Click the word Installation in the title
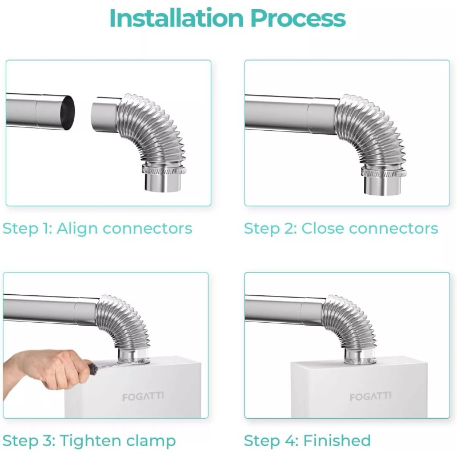[177, 18]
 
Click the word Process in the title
[298, 18]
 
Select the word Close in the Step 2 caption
[323, 228]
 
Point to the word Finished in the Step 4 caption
[337, 440]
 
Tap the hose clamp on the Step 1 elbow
[164, 169]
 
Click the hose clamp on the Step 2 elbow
[383, 173]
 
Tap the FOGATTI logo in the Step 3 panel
[143, 396]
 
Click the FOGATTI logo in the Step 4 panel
[370, 396]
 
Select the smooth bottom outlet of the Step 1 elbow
[163, 183]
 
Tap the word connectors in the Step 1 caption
[148, 229]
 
